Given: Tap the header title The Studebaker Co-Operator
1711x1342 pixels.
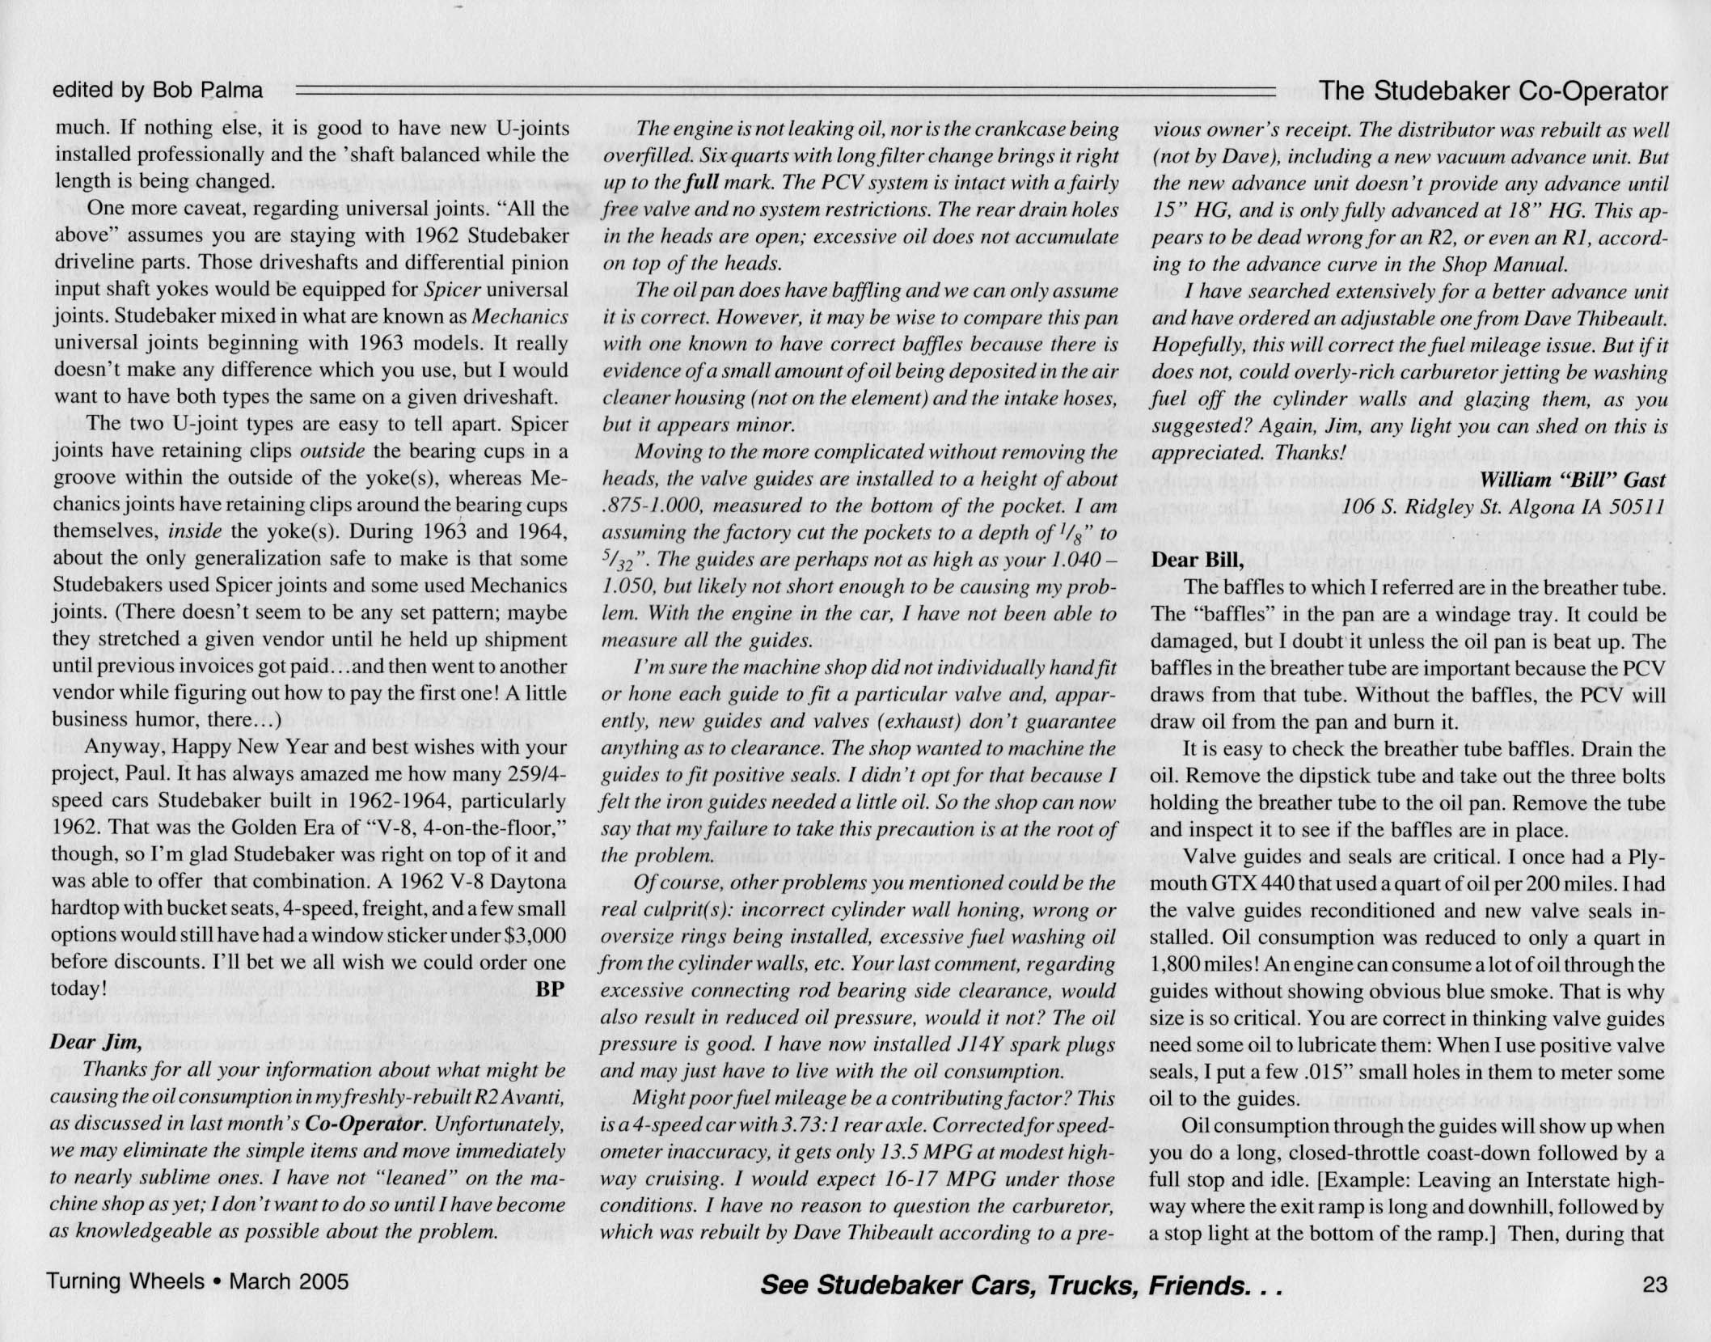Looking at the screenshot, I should click(x=1494, y=91).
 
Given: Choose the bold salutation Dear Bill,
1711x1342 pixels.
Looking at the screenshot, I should click(x=1197, y=560).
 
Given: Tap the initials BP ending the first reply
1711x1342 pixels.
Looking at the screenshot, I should click(x=551, y=989).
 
